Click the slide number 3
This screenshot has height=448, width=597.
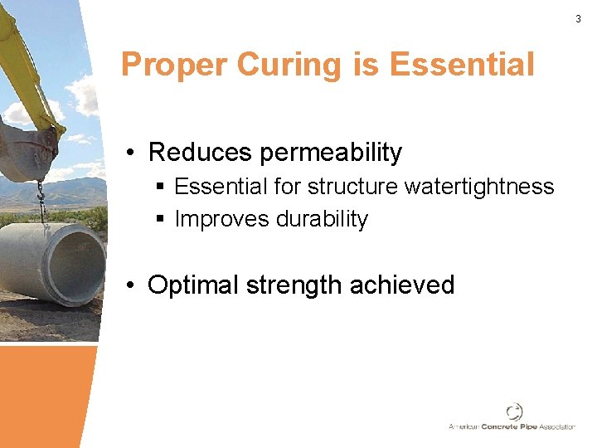(x=578, y=18)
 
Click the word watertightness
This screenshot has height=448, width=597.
(x=479, y=187)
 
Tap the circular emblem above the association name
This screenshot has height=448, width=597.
(x=514, y=411)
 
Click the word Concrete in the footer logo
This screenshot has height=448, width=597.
(x=506, y=426)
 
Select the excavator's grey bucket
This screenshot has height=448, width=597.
(x=29, y=149)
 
